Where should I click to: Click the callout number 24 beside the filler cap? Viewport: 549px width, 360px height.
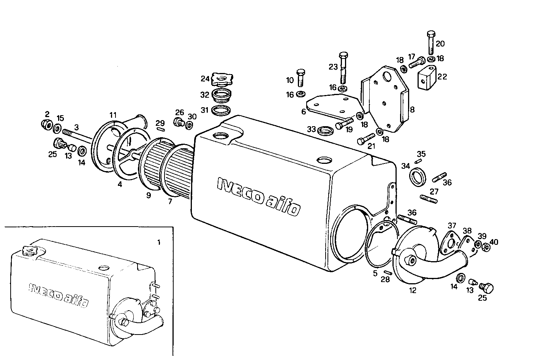click(x=205, y=79)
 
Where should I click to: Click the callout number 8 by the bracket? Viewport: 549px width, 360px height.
click(x=412, y=110)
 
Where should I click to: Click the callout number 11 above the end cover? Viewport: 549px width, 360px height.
click(x=113, y=115)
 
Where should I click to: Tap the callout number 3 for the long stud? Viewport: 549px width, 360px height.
click(x=76, y=127)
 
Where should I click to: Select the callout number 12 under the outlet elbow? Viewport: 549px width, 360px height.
click(x=413, y=290)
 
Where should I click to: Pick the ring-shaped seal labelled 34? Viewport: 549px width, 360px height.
click(x=418, y=177)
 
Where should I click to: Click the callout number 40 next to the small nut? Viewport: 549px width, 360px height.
click(x=494, y=242)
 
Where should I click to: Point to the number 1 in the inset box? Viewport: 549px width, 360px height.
click(x=159, y=242)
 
